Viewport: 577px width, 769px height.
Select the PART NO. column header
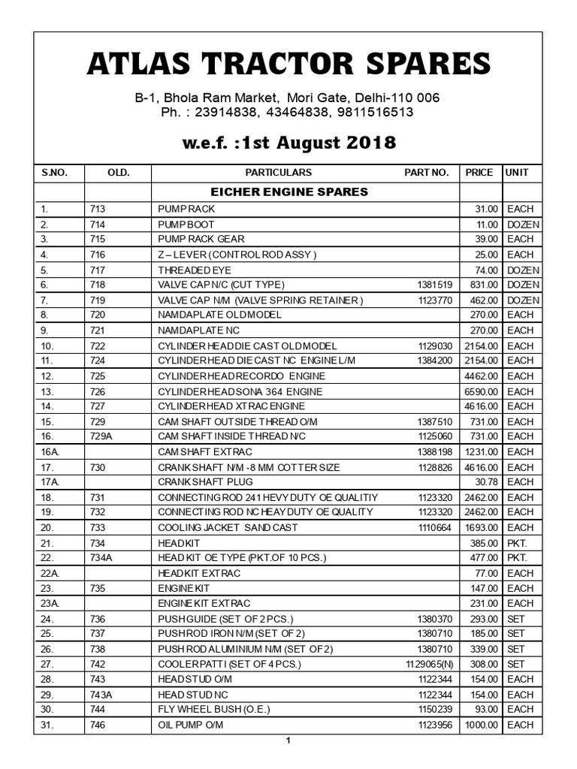(426, 172)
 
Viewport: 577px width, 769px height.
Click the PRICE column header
(479, 172)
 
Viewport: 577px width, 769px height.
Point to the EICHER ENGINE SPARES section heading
(289, 191)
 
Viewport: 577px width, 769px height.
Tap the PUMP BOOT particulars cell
(186, 225)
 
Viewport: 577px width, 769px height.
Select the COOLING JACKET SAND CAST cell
(228, 527)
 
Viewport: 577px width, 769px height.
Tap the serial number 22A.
(50, 573)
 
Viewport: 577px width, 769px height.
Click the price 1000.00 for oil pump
(479, 725)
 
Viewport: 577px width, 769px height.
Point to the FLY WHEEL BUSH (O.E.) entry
(213, 709)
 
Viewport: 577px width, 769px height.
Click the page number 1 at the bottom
(288, 741)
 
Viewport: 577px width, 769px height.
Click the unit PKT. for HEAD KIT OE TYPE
(518, 557)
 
